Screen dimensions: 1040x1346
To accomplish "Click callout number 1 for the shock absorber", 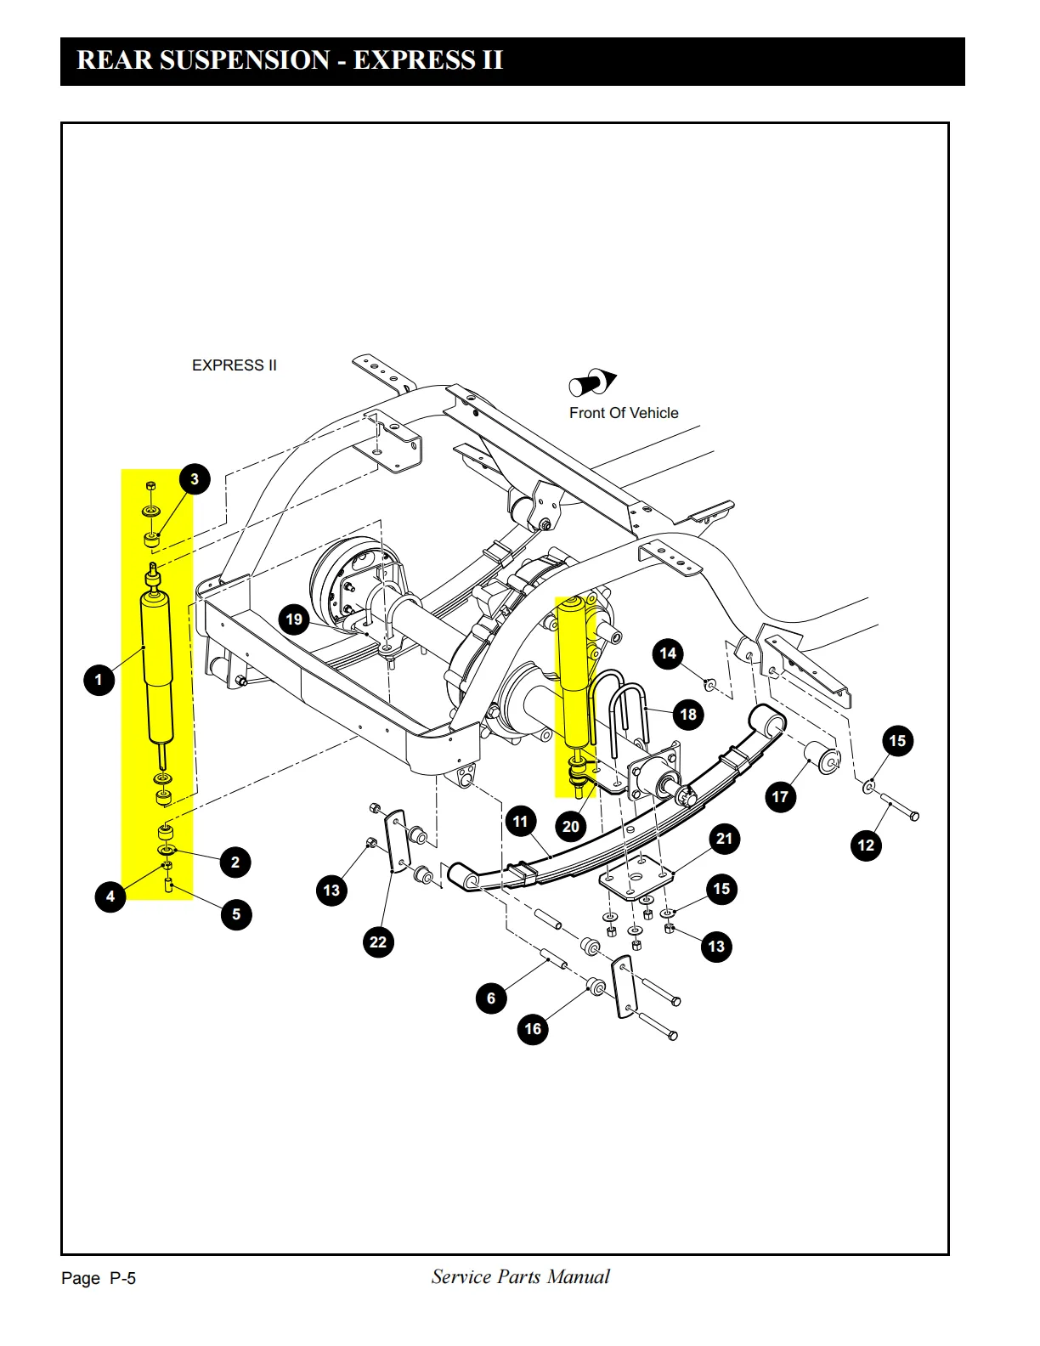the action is pos(99,680).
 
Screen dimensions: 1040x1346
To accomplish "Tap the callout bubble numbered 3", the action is pos(195,478).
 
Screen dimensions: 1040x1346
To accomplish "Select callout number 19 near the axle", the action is pos(294,619).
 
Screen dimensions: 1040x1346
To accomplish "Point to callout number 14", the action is pos(668,653).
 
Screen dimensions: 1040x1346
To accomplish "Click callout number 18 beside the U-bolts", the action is pos(688,714).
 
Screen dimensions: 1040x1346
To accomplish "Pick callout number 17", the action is pos(781,796).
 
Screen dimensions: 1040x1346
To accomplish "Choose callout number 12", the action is pos(866,845).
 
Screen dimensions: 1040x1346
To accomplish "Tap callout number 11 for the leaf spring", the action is pos(520,822).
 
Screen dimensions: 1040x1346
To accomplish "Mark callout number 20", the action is pos(570,826).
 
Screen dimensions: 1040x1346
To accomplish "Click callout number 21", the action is pos(724,839).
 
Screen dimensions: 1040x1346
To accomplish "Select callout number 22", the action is pos(378,942).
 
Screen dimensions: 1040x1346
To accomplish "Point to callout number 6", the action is pos(491,998).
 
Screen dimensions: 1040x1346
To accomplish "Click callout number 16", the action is pos(533,1029).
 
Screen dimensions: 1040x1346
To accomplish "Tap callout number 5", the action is pos(236,914).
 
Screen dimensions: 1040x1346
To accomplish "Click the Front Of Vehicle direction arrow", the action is pos(592,382).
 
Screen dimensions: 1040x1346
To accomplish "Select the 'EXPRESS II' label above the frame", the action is pos(235,365).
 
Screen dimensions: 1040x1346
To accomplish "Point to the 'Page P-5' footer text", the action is pos(99,1278).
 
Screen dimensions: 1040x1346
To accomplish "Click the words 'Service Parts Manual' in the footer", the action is pos(520,1276).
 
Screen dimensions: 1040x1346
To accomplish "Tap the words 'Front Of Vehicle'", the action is pos(624,412).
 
